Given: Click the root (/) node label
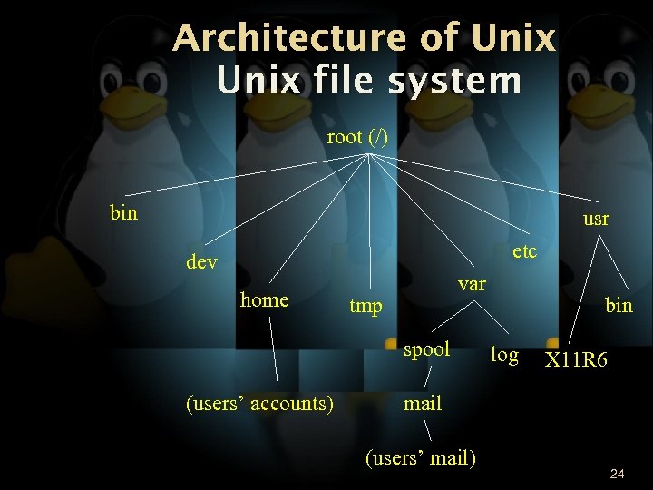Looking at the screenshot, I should click(x=357, y=137).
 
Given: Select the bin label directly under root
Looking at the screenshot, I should click(x=123, y=213).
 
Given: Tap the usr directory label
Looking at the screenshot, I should click(x=596, y=219).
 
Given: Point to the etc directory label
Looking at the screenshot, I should click(x=524, y=250).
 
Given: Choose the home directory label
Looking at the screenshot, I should click(x=264, y=299).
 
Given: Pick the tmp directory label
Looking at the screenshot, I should click(x=366, y=306).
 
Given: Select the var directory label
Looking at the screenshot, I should click(x=472, y=284).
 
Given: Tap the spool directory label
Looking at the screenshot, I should click(x=426, y=349).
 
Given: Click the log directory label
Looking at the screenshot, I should click(x=504, y=355).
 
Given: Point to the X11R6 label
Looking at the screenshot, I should click(x=576, y=361).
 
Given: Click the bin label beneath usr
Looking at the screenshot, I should click(x=619, y=306).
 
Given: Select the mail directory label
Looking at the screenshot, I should click(x=423, y=403).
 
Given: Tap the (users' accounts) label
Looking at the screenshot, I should click(x=259, y=403).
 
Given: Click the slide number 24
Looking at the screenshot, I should click(x=618, y=474).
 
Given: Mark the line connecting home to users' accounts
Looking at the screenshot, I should click(x=275, y=353).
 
